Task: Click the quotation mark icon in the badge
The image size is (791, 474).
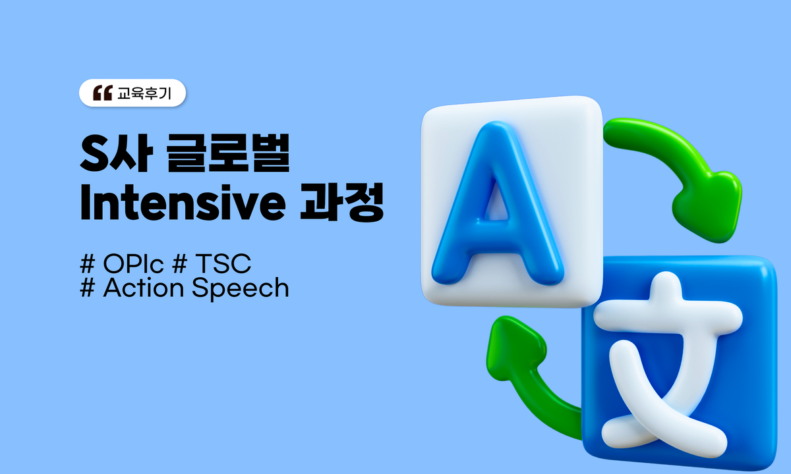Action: (x=103, y=93)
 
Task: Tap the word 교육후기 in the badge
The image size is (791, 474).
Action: (x=144, y=93)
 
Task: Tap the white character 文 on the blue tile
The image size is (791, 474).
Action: (x=666, y=369)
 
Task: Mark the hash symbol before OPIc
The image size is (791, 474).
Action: (x=86, y=265)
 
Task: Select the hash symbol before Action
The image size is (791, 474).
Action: (x=86, y=288)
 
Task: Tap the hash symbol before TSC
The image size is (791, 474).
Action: (x=177, y=265)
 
